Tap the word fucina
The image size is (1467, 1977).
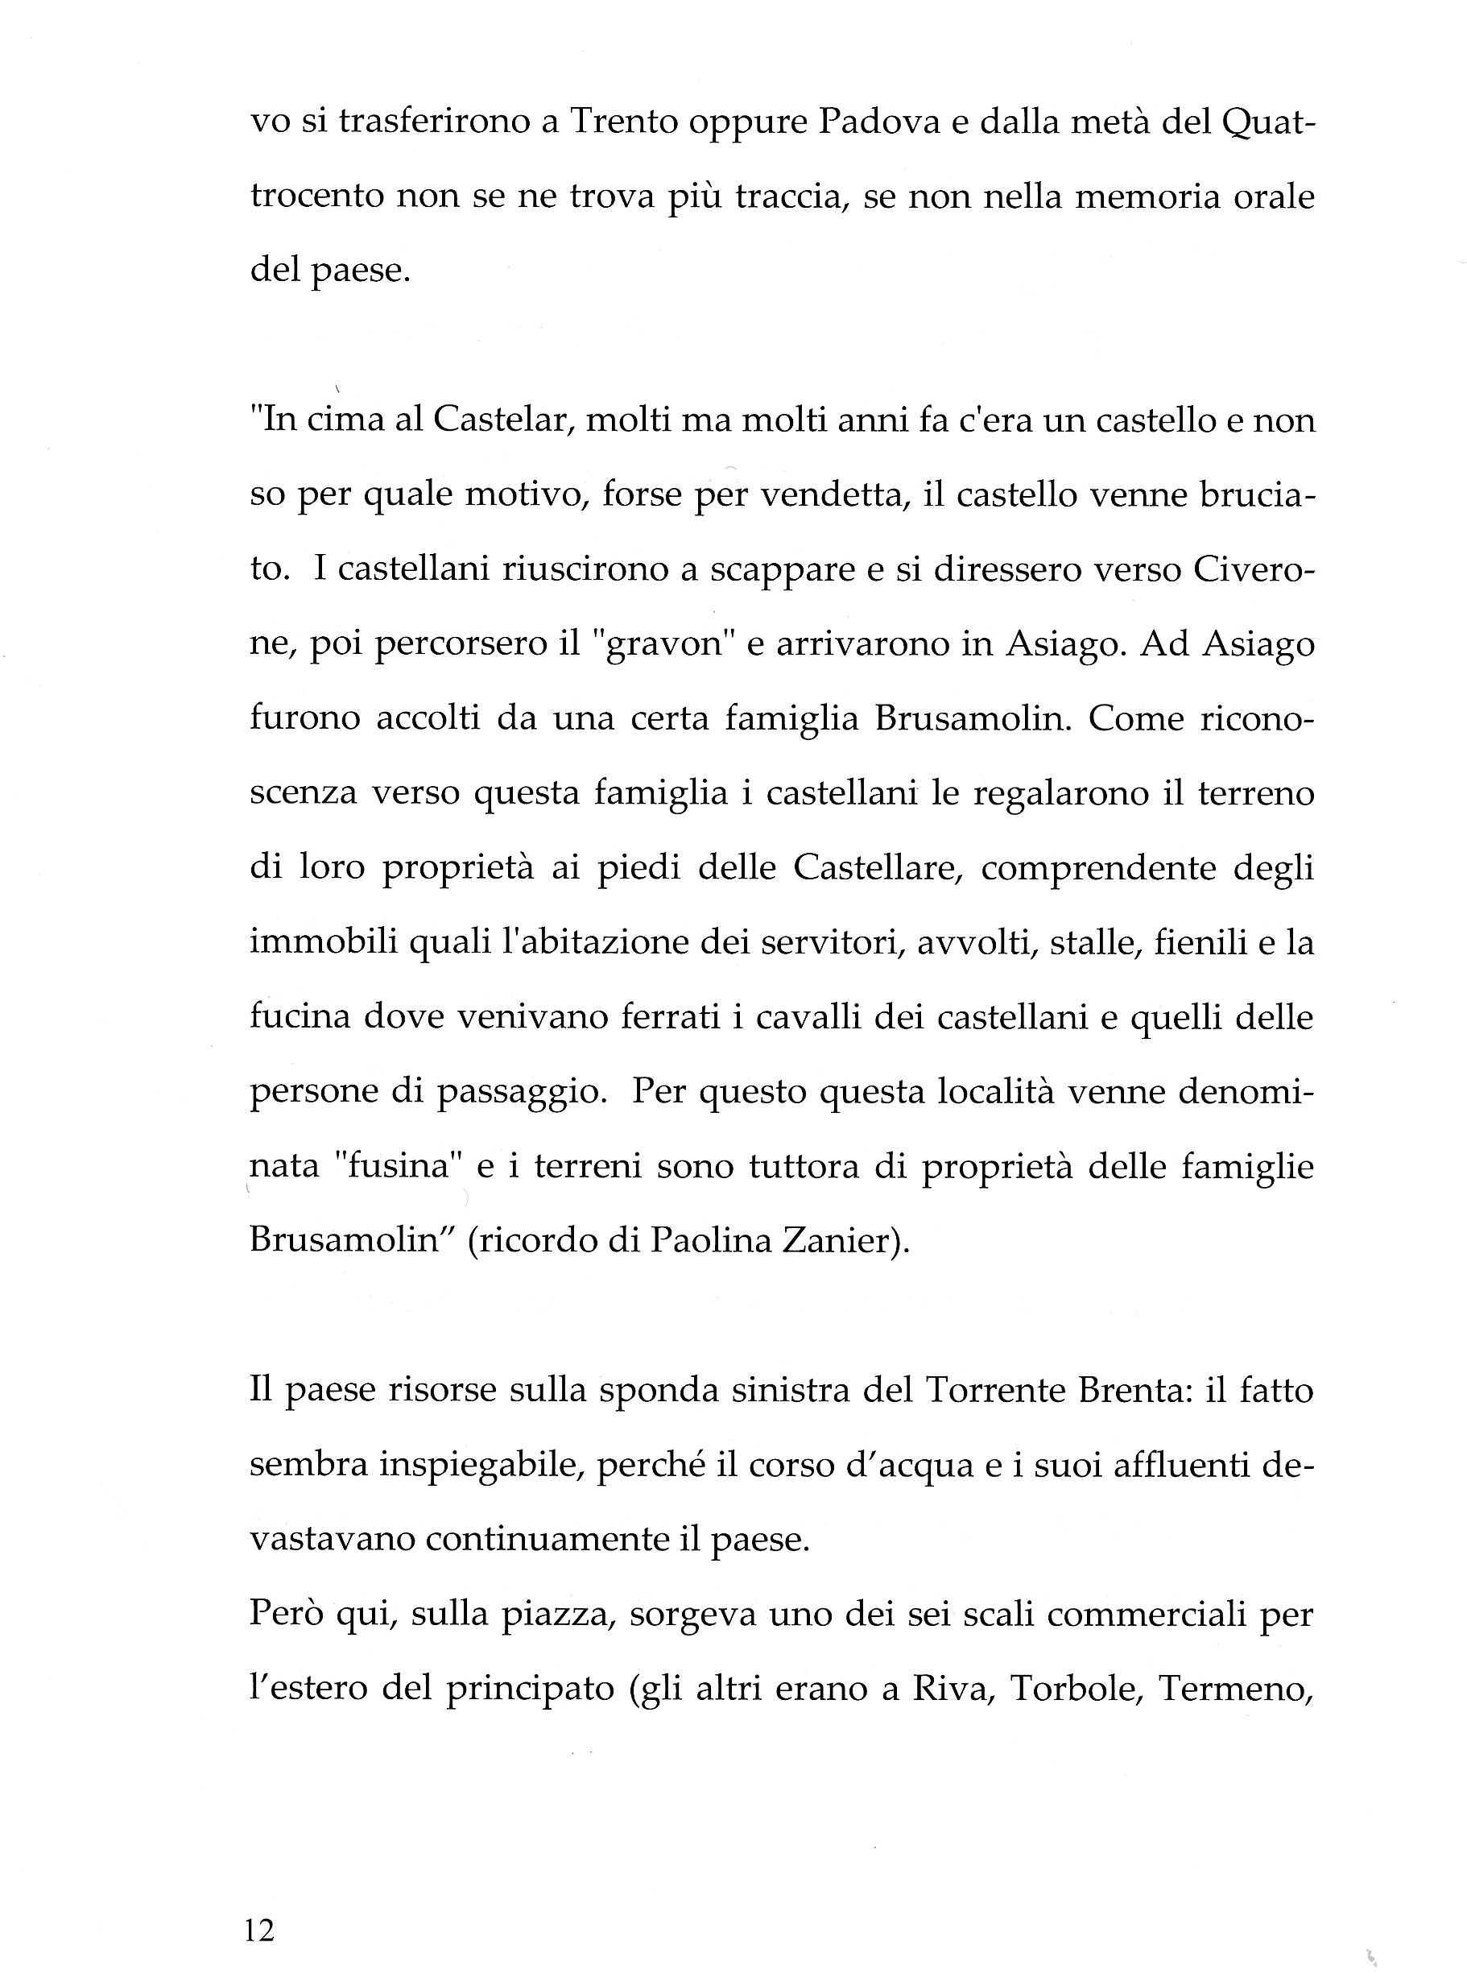tap(301, 1016)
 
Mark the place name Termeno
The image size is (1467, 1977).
tap(1235, 1689)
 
